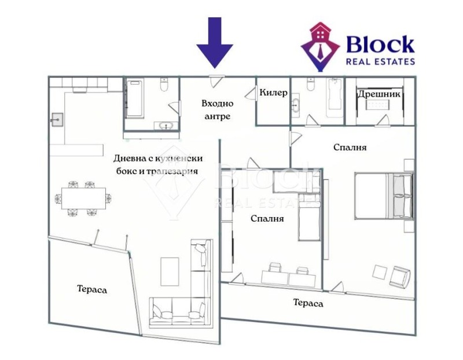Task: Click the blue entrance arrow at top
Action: pyautogui.click(x=214, y=42)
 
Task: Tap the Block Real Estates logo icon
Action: pyautogui.click(x=321, y=46)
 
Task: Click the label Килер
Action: pyautogui.click(x=273, y=93)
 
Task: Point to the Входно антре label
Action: pyautogui.click(x=217, y=110)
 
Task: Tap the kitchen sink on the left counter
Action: pyautogui.click(x=57, y=121)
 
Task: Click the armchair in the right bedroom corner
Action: pyautogui.click(x=400, y=276)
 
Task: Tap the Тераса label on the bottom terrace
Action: pyautogui.click(x=307, y=303)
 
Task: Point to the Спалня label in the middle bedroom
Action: pyautogui.click(x=267, y=219)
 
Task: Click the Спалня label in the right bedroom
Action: pyautogui.click(x=350, y=148)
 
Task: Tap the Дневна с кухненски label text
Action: pyautogui.click(x=157, y=158)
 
